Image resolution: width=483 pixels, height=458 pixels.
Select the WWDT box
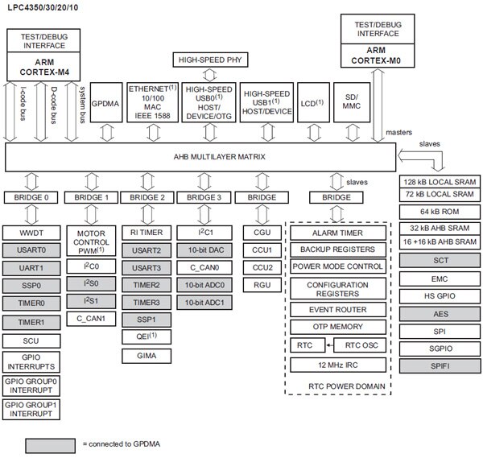31,233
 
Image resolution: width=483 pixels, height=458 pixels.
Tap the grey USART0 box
31,250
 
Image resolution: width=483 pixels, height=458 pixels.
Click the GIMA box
147,354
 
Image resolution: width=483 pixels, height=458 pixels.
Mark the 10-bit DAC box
204,250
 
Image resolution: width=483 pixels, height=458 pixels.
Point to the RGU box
261,285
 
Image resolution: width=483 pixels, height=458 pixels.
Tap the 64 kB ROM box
440,212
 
